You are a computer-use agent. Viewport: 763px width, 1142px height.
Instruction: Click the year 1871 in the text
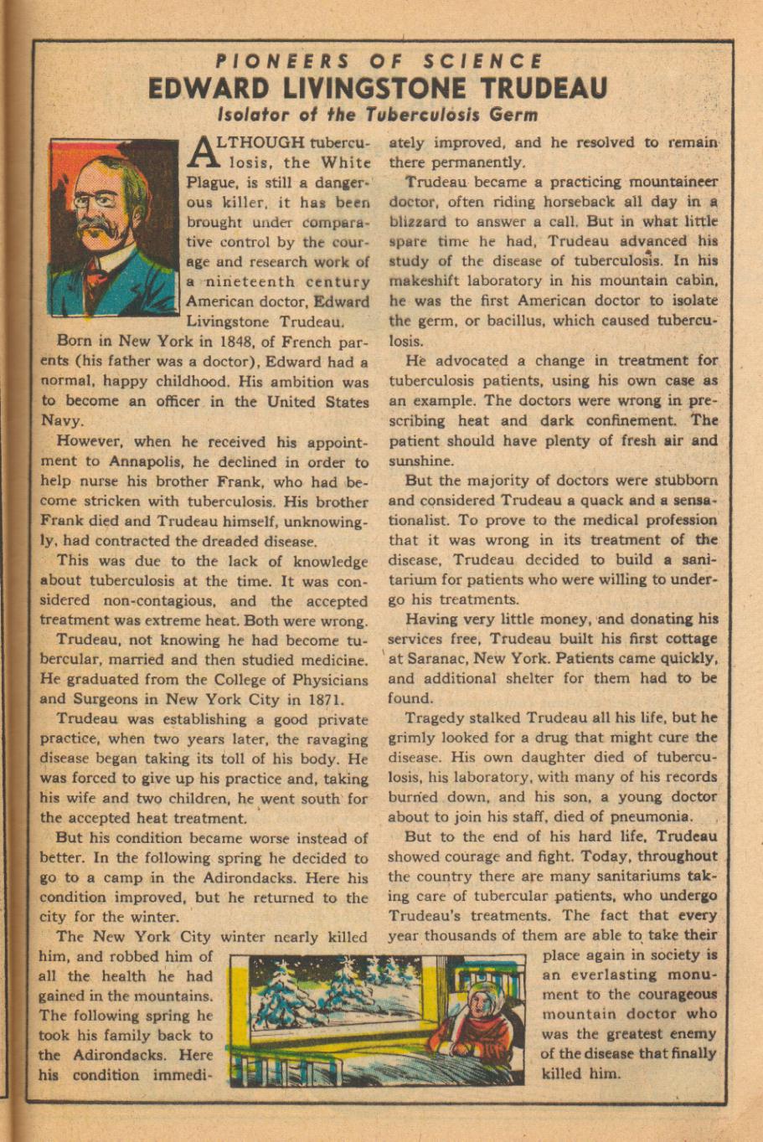[322, 699]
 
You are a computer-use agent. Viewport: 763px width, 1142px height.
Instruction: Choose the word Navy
[61, 422]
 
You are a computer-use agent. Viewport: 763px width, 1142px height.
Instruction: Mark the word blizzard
[418, 222]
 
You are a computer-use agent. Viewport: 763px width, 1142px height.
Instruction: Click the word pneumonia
[652, 816]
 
